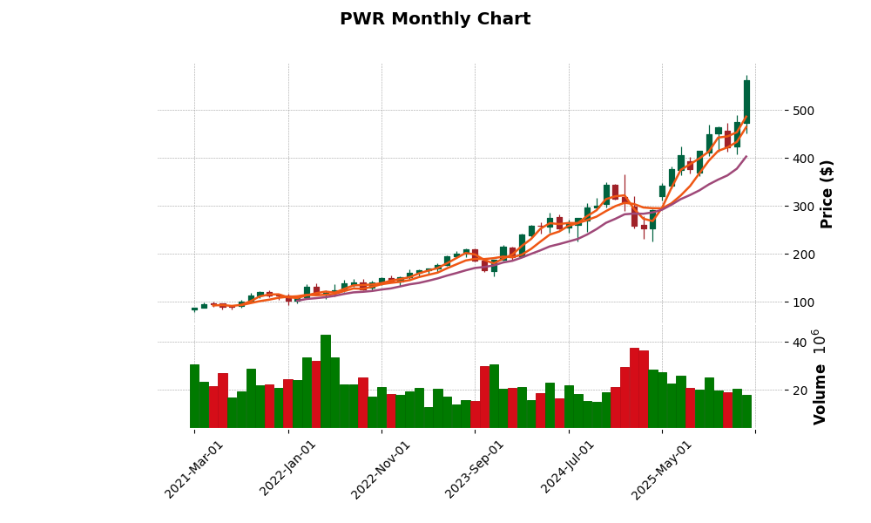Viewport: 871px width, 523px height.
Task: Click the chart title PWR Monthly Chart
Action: tap(435, 19)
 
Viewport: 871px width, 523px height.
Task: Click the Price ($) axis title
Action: tap(827, 194)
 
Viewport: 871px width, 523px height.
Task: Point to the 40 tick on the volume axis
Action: tap(795, 342)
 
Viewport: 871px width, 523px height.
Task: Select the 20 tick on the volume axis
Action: tap(795, 390)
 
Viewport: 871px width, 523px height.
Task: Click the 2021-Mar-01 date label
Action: tap(194, 469)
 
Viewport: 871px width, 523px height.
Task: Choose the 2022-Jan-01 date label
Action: tap(288, 469)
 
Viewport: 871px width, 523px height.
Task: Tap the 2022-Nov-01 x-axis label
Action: tap(381, 469)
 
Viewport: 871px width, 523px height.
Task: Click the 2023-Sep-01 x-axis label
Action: tap(475, 469)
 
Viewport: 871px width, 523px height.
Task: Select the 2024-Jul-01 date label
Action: tap(569, 469)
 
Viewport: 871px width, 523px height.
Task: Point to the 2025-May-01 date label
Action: tap(662, 469)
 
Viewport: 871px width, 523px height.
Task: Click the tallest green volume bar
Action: tap(326, 381)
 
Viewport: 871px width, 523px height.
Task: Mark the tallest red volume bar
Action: tap(634, 388)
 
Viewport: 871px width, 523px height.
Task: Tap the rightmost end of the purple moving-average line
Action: tap(746, 156)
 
